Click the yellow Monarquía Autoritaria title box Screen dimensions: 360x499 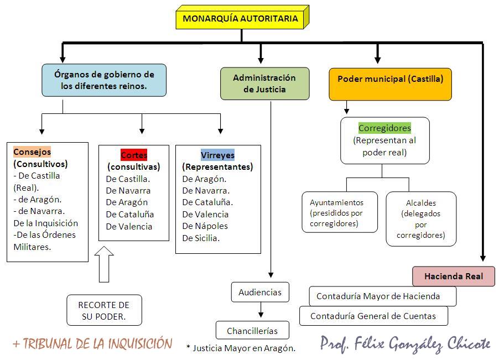(240, 19)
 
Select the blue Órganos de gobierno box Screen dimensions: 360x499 (104, 80)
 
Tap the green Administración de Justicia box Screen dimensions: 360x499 (264, 84)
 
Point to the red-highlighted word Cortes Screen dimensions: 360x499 (134, 155)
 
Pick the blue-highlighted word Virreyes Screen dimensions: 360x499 (217, 155)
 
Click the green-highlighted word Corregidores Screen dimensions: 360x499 (384, 128)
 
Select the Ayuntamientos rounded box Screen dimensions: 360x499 (340, 212)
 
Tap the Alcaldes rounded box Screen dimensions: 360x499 (421, 218)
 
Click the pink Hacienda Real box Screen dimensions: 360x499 (453, 276)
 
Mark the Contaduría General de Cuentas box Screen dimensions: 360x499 (373, 316)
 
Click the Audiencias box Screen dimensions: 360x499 (260, 292)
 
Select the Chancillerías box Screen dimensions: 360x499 (252, 331)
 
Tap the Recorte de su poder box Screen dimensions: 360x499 (103, 310)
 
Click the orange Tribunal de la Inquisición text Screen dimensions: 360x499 (93, 344)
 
